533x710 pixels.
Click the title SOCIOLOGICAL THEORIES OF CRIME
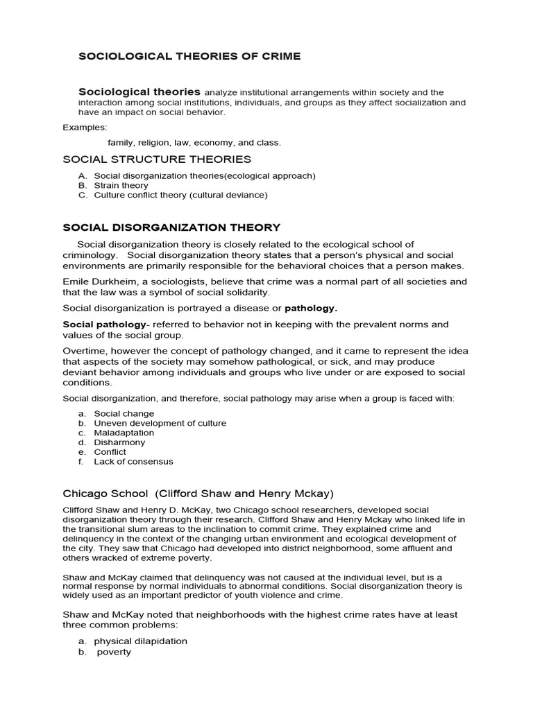pyautogui.click(x=189, y=56)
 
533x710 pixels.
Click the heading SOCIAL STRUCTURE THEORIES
pyautogui.click(x=157, y=159)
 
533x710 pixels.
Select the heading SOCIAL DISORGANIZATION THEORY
pyautogui.click(x=171, y=227)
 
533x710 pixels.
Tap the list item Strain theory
pyautogui.click(x=121, y=186)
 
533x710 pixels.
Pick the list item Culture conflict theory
pyautogui.click(x=180, y=196)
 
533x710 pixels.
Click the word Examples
pyautogui.click(x=85, y=128)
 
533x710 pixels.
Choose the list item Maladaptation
pyautogui.click(x=124, y=433)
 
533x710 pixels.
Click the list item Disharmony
pyautogui.click(x=119, y=442)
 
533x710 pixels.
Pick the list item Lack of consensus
pyautogui.click(x=133, y=462)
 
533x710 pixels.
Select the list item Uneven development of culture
pyautogui.click(x=160, y=423)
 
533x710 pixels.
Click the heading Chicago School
pyautogui.click(x=105, y=494)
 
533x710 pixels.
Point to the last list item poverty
pyautogui.click(x=114, y=652)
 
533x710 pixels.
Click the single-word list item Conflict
pyautogui.click(x=110, y=452)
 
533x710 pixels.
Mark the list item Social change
pyautogui.click(x=121, y=413)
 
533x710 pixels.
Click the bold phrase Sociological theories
pyautogui.click(x=139, y=92)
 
